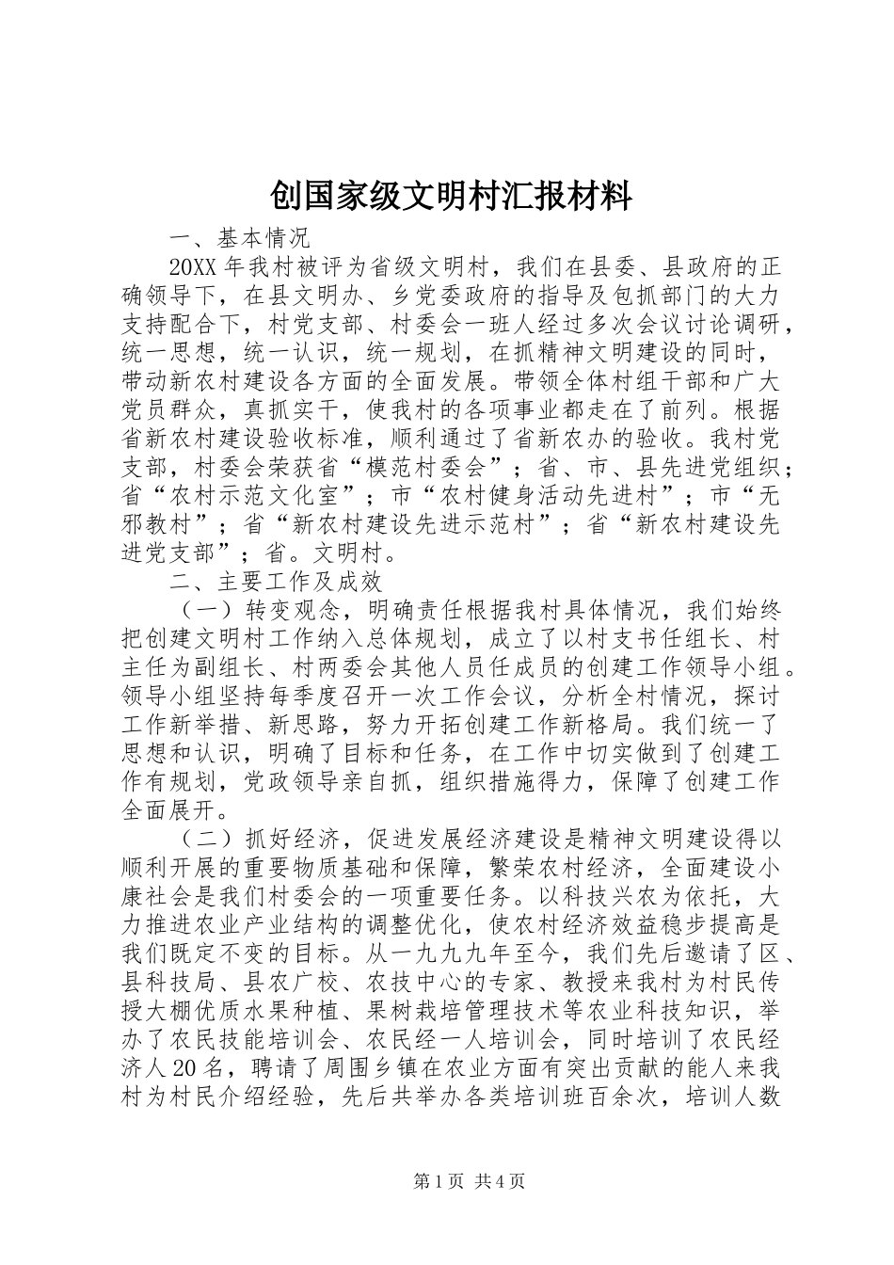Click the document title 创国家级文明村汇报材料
[451, 197]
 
